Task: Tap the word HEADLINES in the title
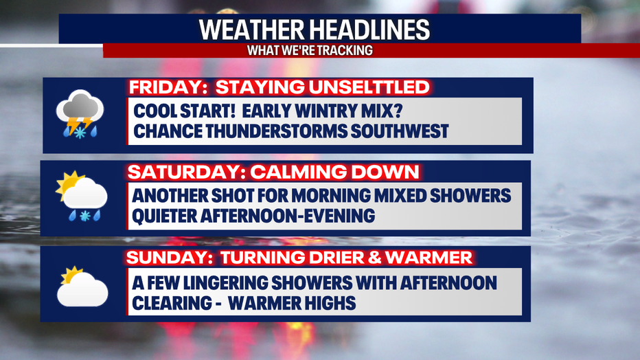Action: [369, 30]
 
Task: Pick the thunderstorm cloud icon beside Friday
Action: [80, 114]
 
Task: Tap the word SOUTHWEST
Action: [400, 131]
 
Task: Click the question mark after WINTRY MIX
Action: [398, 111]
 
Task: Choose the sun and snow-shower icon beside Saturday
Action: [82, 196]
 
